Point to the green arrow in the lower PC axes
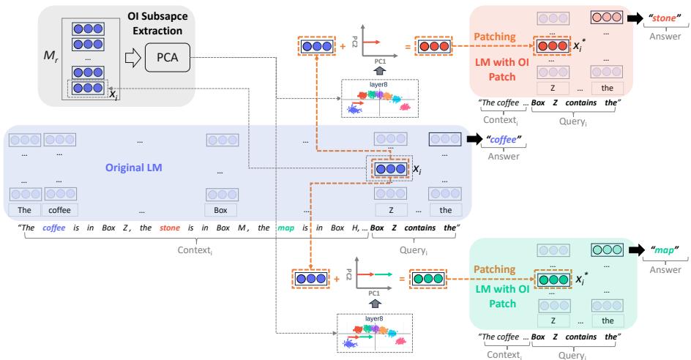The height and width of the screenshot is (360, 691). (373, 277)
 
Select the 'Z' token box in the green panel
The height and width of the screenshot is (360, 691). (556, 320)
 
